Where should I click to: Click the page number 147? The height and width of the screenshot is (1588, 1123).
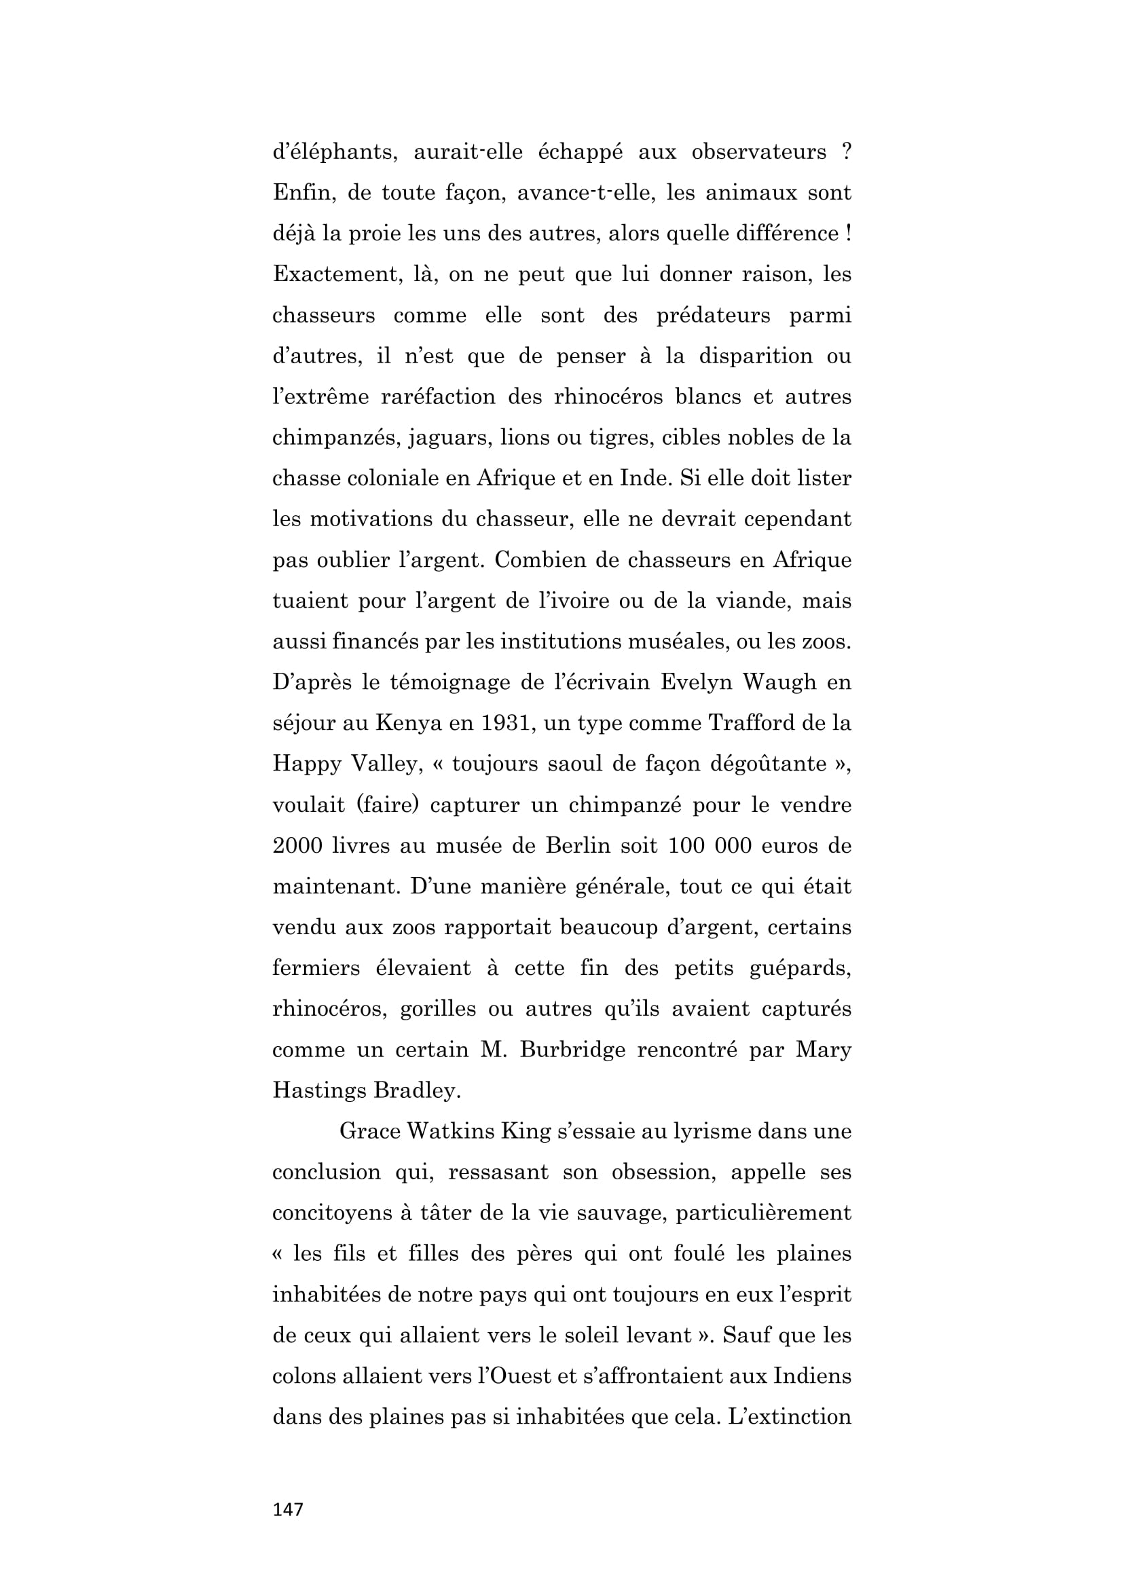click(288, 1509)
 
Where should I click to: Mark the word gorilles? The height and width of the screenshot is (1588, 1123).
click(439, 1009)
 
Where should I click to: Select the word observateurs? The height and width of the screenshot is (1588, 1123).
click(758, 152)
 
